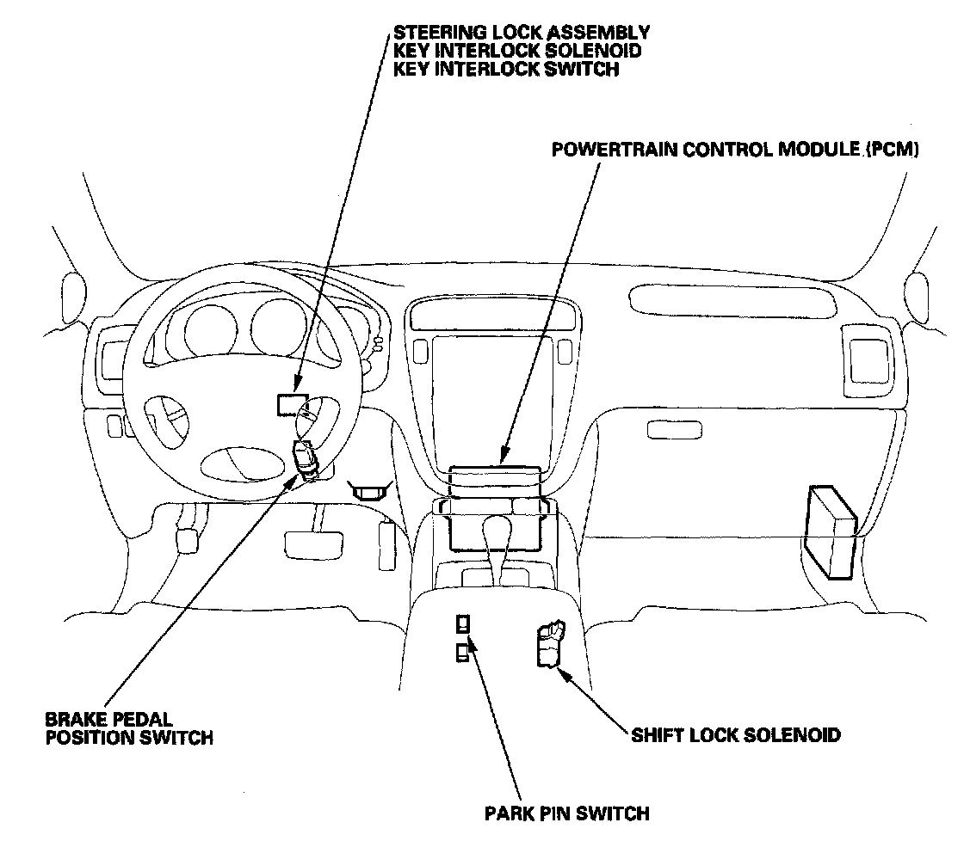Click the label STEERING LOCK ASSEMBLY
coord(521,33)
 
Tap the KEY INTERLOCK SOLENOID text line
coord(516,52)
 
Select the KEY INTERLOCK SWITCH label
coord(505,70)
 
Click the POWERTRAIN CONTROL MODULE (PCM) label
coord(735,150)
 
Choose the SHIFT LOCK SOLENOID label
coord(735,735)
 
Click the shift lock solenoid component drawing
coord(547,646)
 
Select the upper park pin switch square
coord(464,625)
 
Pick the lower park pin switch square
coord(462,654)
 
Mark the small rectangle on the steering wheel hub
coord(290,404)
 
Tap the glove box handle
coord(674,428)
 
